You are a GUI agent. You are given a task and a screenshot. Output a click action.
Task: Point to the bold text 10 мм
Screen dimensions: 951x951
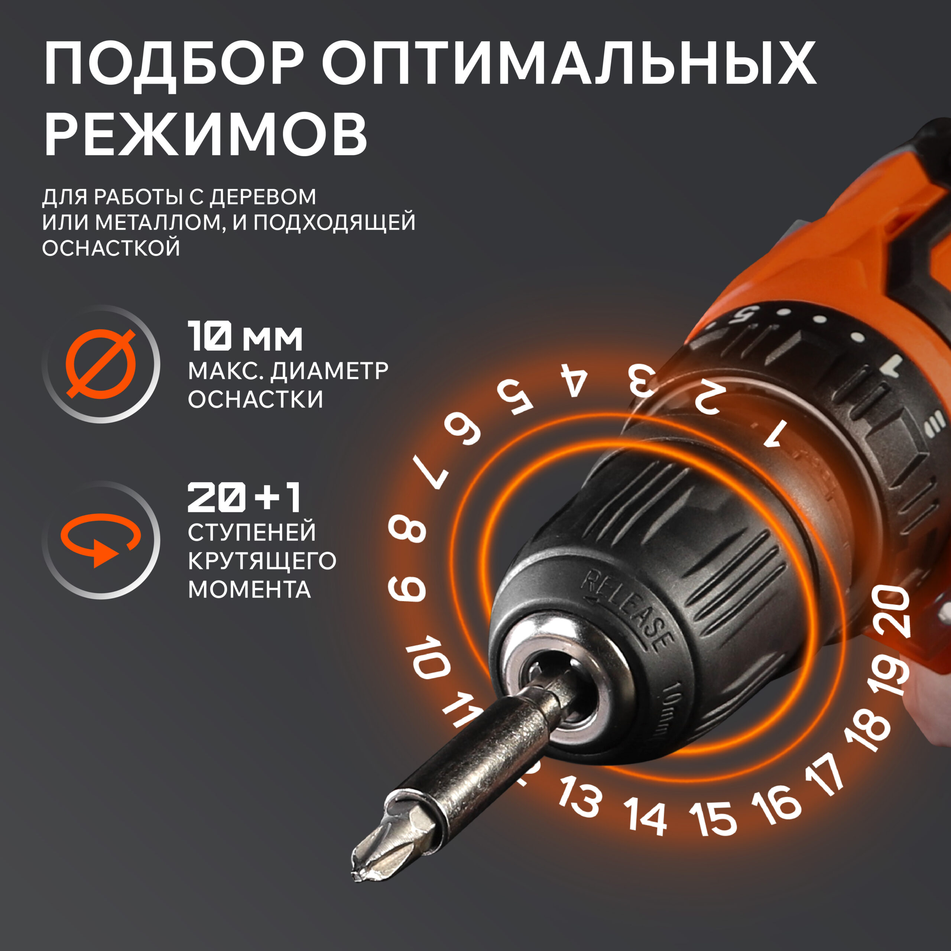[245, 336]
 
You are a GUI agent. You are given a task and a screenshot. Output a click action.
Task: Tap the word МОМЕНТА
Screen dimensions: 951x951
[250, 589]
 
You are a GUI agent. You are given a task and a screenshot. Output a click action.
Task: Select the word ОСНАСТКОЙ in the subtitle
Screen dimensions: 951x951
[111, 248]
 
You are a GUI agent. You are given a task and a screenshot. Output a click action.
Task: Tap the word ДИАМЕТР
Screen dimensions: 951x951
[330, 371]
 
